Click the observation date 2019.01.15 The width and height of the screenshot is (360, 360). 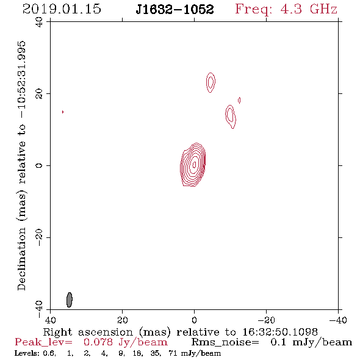[x=62, y=9]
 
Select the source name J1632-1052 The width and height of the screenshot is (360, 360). [x=175, y=10]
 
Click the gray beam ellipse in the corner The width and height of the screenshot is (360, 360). [x=70, y=300]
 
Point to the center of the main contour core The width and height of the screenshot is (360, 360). [x=194, y=164]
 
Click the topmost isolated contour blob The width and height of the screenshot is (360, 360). [x=211, y=82]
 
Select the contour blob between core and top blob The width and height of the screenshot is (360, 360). [x=231, y=117]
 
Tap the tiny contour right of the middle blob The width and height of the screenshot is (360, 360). [x=239, y=100]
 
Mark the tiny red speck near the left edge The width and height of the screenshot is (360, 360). [x=63, y=112]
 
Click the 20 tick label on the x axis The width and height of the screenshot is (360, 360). [x=122, y=320]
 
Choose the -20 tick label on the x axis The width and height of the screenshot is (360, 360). [x=266, y=320]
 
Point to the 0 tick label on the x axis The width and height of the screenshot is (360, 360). [x=194, y=320]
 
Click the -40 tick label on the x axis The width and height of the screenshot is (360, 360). [x=338, y=320]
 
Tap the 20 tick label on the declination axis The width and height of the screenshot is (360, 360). [x=39, y=94]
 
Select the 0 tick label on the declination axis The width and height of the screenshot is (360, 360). [x=39, y=165]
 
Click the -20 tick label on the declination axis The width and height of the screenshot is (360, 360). [x=39, y=237]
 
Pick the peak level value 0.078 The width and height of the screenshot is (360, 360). [x=98, y=342]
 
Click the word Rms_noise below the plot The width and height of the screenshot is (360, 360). [x=225, y=342]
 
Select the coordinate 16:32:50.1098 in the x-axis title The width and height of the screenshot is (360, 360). [x=280, y=332]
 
